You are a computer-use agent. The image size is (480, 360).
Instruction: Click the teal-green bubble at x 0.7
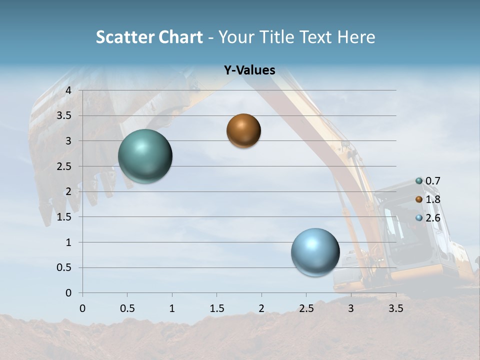(145, 156)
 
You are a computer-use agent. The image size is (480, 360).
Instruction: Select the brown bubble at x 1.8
(243, 130)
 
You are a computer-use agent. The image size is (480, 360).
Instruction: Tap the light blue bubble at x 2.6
(315, 252)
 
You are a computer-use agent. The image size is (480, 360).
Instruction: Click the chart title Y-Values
(249, 70)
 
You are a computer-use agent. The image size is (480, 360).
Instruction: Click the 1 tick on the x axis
(172, 308)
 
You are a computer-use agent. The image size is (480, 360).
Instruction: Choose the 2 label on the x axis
(261, 308)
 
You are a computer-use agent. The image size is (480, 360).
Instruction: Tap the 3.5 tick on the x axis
(396, 308)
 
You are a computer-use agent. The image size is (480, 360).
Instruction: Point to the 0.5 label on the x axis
(127, 308)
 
